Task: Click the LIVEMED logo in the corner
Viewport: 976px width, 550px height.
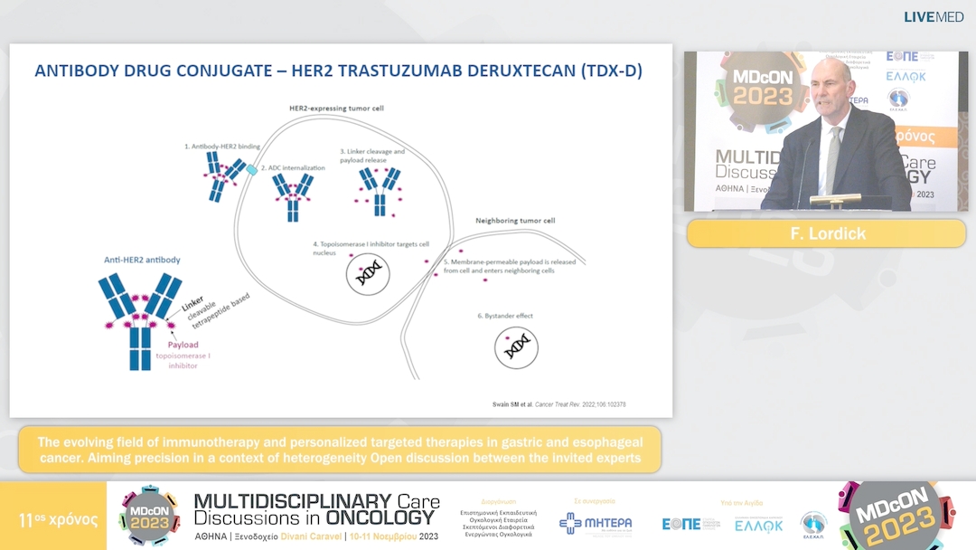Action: (934, 16)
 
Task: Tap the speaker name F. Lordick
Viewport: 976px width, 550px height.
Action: (825, 233)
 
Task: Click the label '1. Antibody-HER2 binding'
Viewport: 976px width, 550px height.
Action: (221, 146)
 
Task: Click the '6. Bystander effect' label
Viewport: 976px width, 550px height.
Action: (506, 316)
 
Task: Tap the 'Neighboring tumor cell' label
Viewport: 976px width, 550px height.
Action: (515, 220)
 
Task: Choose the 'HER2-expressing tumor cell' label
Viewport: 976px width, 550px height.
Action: (336, 109)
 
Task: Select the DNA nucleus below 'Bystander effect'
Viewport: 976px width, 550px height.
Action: (516, 346)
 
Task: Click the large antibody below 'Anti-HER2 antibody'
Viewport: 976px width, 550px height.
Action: (140, 320)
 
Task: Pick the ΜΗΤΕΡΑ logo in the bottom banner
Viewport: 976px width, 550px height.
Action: (596, 523)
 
